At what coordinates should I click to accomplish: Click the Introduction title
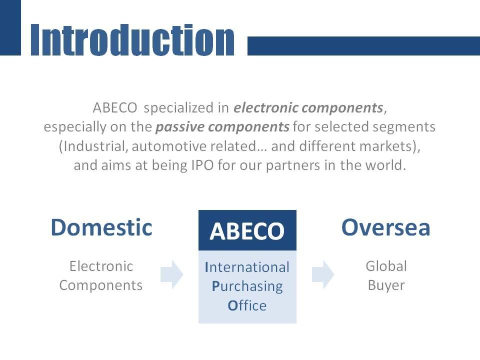pyautogui.click(x=132, y=40)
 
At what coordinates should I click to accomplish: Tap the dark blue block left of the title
pyautogui.click(x=10, y=27)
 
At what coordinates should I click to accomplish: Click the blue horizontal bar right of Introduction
pyautogui.click(x=363, y=46)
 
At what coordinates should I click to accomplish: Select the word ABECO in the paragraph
pyautogui.click(x=115, y=108)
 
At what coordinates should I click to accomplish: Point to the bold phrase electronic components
pyautogui.click(x=308, y=108)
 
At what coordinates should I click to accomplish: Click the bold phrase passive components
pyautogui.click(x=222, y=127)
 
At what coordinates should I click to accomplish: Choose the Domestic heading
pyautogui.click(x=101, y=227)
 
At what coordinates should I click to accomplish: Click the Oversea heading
pyautogui.click(x=385, y=227)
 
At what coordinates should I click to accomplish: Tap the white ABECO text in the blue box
pyautogui.click(x=247, y=231)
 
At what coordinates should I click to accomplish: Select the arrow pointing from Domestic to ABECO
pyautogui.click(x=171, y=274)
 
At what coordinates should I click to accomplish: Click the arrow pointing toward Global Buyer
pyautogui.click(x=323, y=274)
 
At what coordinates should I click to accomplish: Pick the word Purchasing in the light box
pyautogui.click(x=247, y=286)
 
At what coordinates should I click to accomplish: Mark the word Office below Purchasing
pyautogui.click(x=247, y=305)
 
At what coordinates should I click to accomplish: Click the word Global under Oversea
pyautogui.click(x=386, y=266)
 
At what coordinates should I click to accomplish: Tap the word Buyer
pyautogui.click(x=386, y=285)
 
